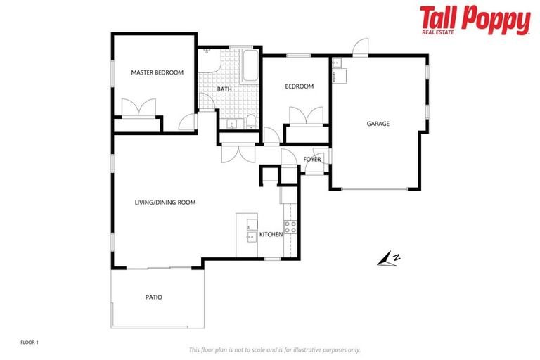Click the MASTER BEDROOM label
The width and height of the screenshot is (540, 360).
[157, 72]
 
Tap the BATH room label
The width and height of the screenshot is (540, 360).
[224, 89]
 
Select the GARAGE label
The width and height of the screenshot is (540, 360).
[378, 124]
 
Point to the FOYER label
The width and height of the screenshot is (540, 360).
[312, 160]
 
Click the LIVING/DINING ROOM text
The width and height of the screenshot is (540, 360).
[165, 202]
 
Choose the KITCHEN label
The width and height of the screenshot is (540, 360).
[271, 234]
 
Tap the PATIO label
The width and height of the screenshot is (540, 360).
[154, 297]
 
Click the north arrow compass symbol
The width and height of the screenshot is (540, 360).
[388, 260]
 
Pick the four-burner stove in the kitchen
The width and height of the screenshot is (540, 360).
[290, 227]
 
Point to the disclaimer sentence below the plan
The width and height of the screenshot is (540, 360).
[275, 349]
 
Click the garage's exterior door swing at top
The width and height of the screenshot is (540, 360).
[360, 48]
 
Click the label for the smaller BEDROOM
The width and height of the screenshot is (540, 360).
[299, 86]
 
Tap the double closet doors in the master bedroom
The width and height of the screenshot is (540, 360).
[138, 108]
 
